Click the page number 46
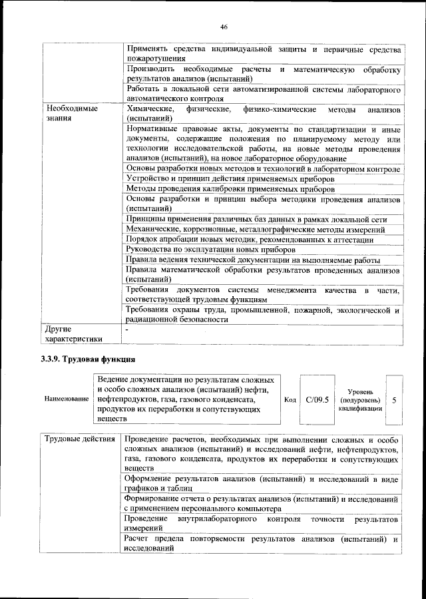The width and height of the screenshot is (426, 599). [224, 27]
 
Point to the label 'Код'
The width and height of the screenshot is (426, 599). [290, 400]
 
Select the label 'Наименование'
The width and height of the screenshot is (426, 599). [67, 399]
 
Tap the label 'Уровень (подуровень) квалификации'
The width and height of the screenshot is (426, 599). [359, 400]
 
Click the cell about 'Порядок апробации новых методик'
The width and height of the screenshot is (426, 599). [250, 240]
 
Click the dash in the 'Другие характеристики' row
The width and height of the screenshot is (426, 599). [126, 329]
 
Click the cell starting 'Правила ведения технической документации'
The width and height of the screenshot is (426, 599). [253, 260]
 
